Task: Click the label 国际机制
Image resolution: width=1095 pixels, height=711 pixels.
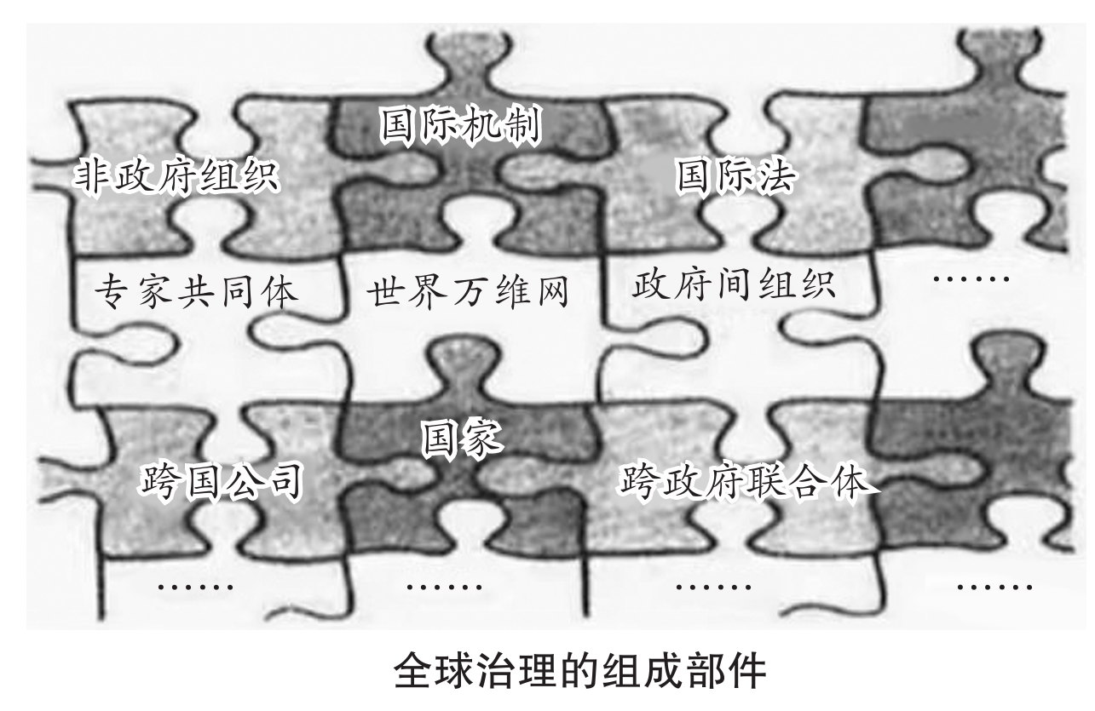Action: (x=459, y=125)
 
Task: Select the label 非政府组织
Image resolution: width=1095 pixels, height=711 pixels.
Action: (x=176, y=175)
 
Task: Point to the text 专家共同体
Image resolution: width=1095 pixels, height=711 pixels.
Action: (x=195, y=291)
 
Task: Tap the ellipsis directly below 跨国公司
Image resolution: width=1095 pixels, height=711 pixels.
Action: (x=197, y=587)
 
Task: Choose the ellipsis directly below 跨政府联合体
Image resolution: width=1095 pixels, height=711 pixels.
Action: (x=713, y=587)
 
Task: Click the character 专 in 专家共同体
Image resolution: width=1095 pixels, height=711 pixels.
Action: (x=111, y=291)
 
